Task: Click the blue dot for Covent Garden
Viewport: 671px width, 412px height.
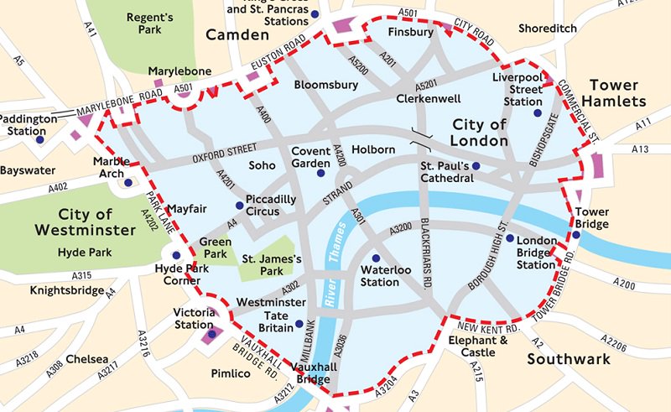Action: (x=320, y=173)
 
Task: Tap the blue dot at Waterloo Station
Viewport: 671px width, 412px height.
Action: (x=376, y=257)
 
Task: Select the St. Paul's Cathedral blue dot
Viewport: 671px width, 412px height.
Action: (x=476, y=167)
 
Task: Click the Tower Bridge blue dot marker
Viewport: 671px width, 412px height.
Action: (x=576, y=234)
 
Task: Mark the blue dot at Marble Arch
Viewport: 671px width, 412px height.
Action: (x=128, y=182)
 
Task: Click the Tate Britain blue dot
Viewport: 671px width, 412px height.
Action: (x=299, y=324)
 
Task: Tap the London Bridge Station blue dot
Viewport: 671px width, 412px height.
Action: (x=510, y=239)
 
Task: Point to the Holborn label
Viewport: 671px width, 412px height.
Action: (x=374, y=149)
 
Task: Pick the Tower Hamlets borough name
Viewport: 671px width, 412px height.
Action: (x=618, y=93)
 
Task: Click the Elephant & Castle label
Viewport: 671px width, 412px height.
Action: (x=478, y=347)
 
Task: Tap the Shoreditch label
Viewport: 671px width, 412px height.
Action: (x=548, y=28)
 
